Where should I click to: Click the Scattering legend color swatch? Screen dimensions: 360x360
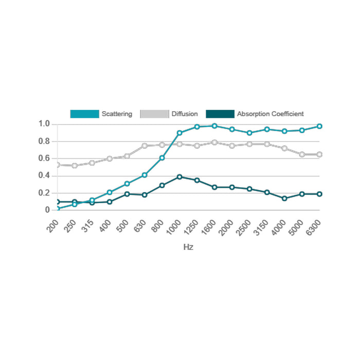[x=84, y=114]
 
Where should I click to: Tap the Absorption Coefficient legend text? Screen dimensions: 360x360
[x=270, y=114]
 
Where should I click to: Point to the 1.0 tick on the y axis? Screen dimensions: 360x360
[x=44, y=124]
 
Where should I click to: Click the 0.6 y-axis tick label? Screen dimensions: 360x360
[x=44, y=158]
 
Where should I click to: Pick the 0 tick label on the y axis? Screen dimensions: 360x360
[x=47, y=210]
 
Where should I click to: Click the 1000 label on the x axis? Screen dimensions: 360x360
[x=174, y=226]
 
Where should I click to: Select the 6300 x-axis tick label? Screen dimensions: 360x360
[x=313, y=226]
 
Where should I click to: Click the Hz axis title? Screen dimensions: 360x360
[x=188, y=247]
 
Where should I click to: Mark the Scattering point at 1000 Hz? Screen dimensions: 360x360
[x=179, y=133]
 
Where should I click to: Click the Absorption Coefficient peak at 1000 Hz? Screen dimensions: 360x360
[x=179, y=176]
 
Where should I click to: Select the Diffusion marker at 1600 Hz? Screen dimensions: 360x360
[x=214, y=142]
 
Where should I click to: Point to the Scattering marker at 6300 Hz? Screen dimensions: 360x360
[x=319, y=126]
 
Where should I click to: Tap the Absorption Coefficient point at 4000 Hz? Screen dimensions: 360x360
[x=284, y=198]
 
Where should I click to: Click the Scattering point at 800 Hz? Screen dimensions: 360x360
[x=162, y=158]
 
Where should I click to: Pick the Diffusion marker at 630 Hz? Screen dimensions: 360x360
[x=145, y=146]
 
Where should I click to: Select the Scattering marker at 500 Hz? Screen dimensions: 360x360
[x=127, y=184]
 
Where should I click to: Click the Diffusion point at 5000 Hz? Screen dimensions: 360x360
[x=302, y=154]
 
